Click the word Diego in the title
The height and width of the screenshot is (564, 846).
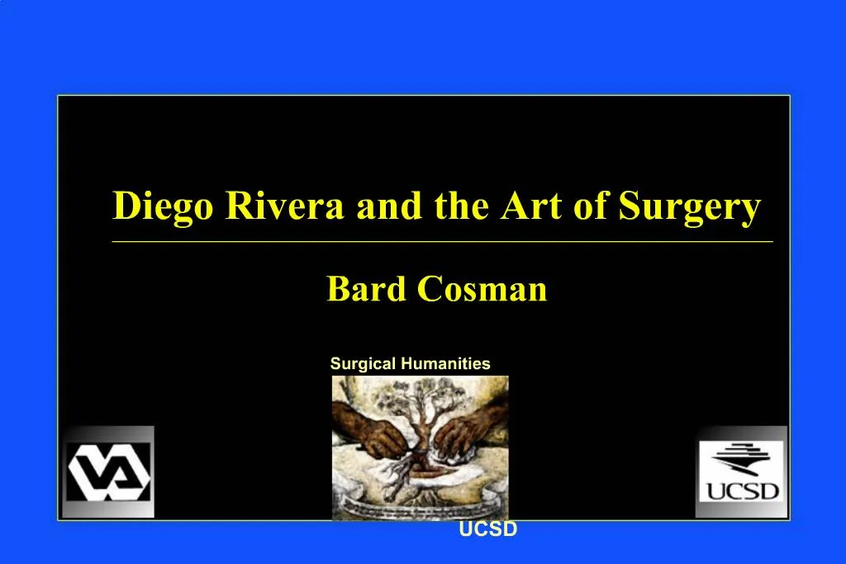pos(164,206)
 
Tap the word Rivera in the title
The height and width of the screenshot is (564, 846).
pos(285,206)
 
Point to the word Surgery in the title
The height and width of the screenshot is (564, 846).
pos(690,206)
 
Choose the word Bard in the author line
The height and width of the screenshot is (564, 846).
pos(367,290)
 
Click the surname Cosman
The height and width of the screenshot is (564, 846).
pos(482,290)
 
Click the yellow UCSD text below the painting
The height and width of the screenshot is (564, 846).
pos(488,530)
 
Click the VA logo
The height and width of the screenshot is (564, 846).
pos(109,472)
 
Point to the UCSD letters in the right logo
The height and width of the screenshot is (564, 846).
pos(742,491)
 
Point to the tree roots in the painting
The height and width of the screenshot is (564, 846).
pos(411,477)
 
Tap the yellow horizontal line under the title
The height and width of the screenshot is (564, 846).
pos(442,242)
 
